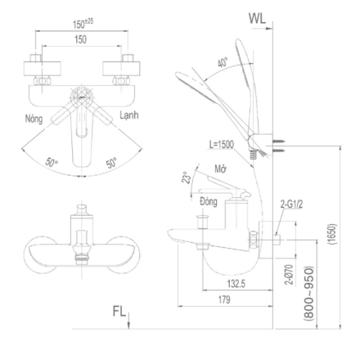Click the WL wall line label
257,18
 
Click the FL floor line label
119,311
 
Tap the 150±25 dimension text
83,24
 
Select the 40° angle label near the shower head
223,62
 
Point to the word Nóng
34,119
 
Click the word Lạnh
129,115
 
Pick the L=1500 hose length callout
221,145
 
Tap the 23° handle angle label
187,177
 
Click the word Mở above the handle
221,169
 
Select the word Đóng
209,202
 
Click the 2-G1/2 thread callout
291,204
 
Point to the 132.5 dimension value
236,284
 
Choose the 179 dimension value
224,299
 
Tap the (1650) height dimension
333,234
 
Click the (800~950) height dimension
309,293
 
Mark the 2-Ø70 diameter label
289,275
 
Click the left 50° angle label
51,162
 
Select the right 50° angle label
111,163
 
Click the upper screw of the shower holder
279,141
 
